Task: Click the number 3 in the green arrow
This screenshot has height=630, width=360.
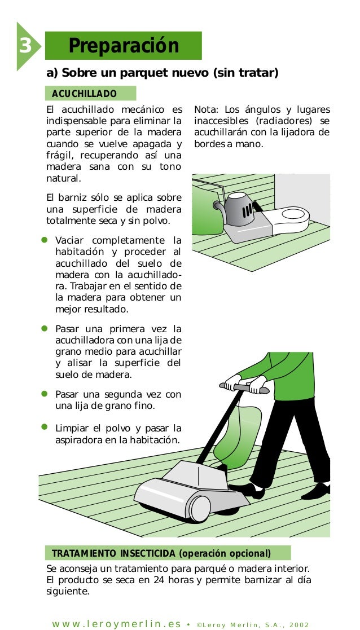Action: [x=24, y=46]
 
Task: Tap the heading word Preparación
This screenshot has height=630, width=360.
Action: [x=124, y=46]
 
